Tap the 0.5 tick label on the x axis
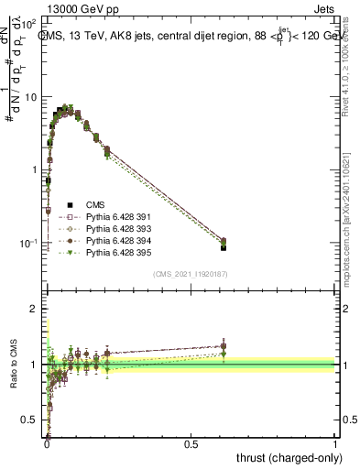[x=191, y=443]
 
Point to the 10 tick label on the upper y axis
[x=31, y=97]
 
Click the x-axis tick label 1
[x=336, y=443]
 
